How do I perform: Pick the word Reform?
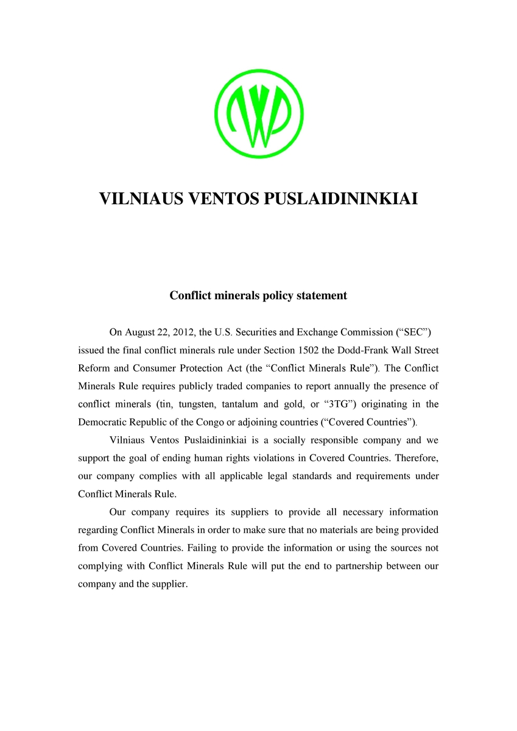pyautogui.click(x=93, y=368)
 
